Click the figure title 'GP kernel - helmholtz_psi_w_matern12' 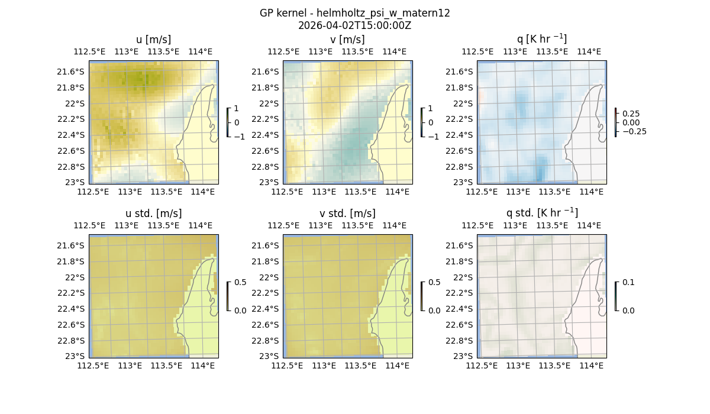tap(354, 13)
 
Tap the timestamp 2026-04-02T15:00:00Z tap(354, 25)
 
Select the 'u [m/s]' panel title tap(153, 40)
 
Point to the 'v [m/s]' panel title tap(347, 40)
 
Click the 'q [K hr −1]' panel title tap(541, 40)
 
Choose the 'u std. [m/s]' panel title tap(153, 214)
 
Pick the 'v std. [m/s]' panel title tap(347, 214)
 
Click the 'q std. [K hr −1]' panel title tap(541, 213)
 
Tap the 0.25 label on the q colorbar tap(631, 114)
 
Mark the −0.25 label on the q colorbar tap(634, 131)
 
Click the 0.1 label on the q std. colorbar tap(627, 283)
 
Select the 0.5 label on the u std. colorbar tap(240, 283)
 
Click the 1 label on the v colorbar tap(430, 109)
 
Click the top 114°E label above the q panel tap(589, 52)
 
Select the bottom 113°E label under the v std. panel tap(324, 366)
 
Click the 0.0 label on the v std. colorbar tap(434, 310)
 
